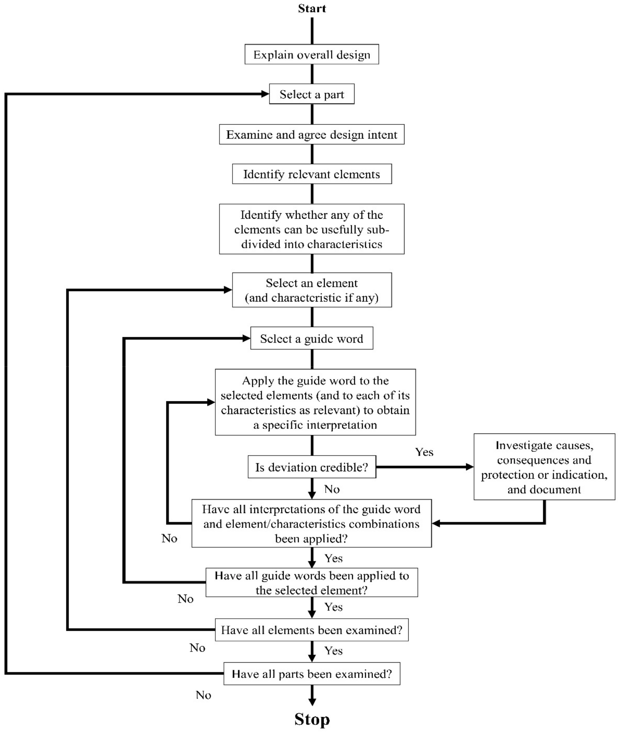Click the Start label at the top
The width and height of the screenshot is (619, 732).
(311, 9)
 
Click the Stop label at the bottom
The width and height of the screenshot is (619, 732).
(312, 719)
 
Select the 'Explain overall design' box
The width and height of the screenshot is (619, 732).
(311, 55)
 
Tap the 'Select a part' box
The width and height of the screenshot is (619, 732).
(311, 94)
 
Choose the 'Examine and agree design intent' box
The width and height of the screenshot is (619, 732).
(311, 135)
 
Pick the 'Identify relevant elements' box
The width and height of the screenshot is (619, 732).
(311, 174)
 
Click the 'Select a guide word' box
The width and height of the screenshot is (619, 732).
(311, 339)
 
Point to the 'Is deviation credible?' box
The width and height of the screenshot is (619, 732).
(311, 467)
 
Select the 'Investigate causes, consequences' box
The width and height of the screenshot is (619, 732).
(544, 467)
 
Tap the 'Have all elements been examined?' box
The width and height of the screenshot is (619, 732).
(311, 630)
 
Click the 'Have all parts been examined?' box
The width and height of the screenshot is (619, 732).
(311, 674)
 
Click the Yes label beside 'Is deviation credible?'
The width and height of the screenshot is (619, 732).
(424, 452)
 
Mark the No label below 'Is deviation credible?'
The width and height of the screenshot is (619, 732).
(332, 489)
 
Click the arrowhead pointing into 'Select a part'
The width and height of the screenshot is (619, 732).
(265, 94)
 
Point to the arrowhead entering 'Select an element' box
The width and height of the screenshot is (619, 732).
(228, 290)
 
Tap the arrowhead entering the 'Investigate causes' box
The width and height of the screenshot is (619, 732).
(469, 467)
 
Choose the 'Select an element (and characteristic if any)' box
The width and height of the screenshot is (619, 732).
(311, 290)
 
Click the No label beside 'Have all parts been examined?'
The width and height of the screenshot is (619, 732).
(203, 695)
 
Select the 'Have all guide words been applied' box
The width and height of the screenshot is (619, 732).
(311, 583)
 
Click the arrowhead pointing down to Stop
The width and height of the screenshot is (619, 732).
(312, 701)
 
